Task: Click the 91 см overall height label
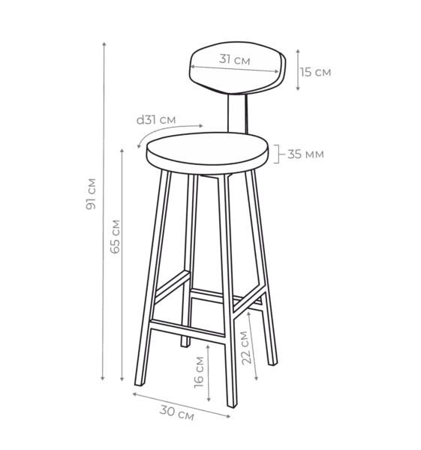coord(91,194)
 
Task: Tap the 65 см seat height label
coord(115,236)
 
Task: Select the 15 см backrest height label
coord(316,72)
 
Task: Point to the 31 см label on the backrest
coord(234,59)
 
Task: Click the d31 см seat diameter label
coord(156,120)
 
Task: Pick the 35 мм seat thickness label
coord(305,154)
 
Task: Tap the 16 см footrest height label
coord(199,372)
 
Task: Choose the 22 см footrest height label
coord(247,347)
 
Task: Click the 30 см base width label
coord(176,412)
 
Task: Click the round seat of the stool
coord(207,153)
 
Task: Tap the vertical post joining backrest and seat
coord(237,114)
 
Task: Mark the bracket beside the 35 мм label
coord(278,154)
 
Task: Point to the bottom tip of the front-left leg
coord(138,385)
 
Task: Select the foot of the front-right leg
coord(232,405)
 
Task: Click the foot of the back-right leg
coord(272,363)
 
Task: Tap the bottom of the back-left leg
coord(185,345)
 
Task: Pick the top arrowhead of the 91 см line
coord(104,44)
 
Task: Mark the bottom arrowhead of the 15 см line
coord(298,88)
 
